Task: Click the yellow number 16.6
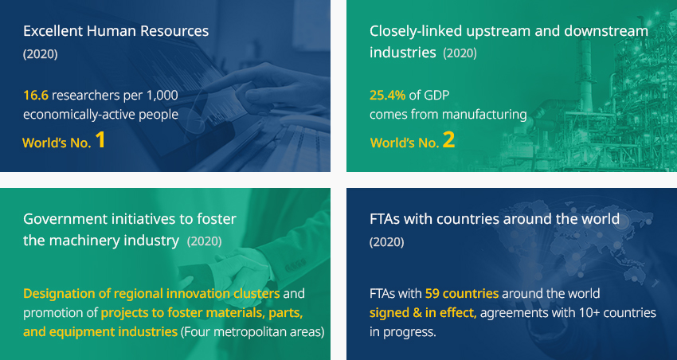point(35,95)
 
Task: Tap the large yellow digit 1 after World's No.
point(100,140)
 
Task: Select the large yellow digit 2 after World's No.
point(448,140)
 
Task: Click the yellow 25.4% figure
point(387,95)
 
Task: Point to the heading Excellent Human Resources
point(115,31)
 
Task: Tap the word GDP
point(436,95)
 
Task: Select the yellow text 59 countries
point(461,294)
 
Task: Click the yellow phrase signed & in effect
point(423,313)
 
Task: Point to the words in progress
point(403,332)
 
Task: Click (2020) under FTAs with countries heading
point(387,242)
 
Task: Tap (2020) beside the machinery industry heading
point(204,241)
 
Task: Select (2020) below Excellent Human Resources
point(40,54)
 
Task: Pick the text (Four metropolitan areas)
point(252,332)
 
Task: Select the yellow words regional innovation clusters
point(197,294)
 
